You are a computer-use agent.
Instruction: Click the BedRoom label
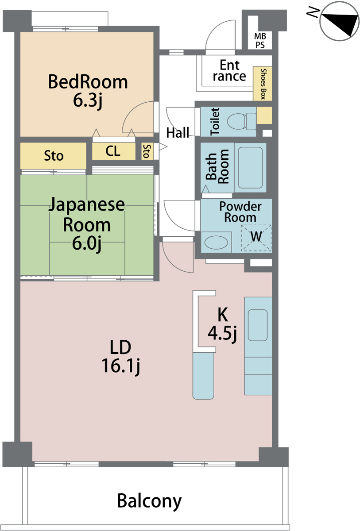tap(88, 82)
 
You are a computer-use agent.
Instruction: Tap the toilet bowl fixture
tap(241, 121)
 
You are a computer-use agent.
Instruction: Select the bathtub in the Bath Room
tap(250, 168)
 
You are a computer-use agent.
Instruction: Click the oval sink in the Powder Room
tap(216, 242)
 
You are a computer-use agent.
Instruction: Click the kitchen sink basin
tap(258, 325)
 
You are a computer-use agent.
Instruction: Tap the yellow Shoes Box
tap(263, 84)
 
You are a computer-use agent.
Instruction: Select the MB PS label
tap(260, 41)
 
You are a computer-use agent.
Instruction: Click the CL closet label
tap(113, 151)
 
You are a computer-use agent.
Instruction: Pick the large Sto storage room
tap(53, 156)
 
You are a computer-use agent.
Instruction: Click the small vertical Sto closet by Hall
tap(147, 151)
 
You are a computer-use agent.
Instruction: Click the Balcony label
tap(149, 501)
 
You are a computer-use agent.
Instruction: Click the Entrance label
tap(229, 70)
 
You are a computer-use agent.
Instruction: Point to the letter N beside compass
tap(313, 12)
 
